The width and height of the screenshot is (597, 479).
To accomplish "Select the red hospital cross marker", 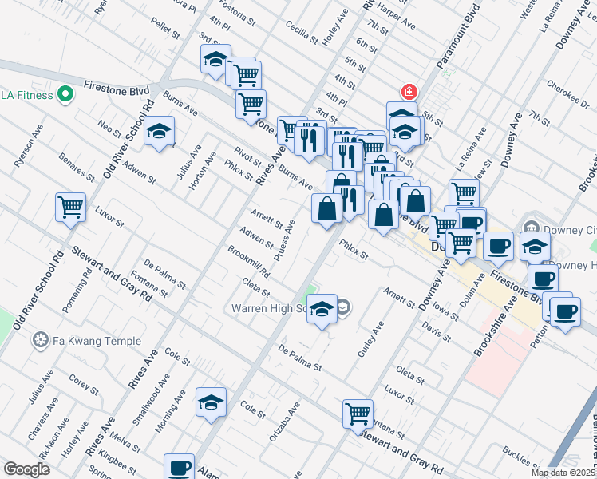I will coord(409,92).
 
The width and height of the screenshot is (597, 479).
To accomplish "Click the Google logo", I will coord(26,469).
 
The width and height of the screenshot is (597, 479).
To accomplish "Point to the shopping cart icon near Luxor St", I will coord(70,207).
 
